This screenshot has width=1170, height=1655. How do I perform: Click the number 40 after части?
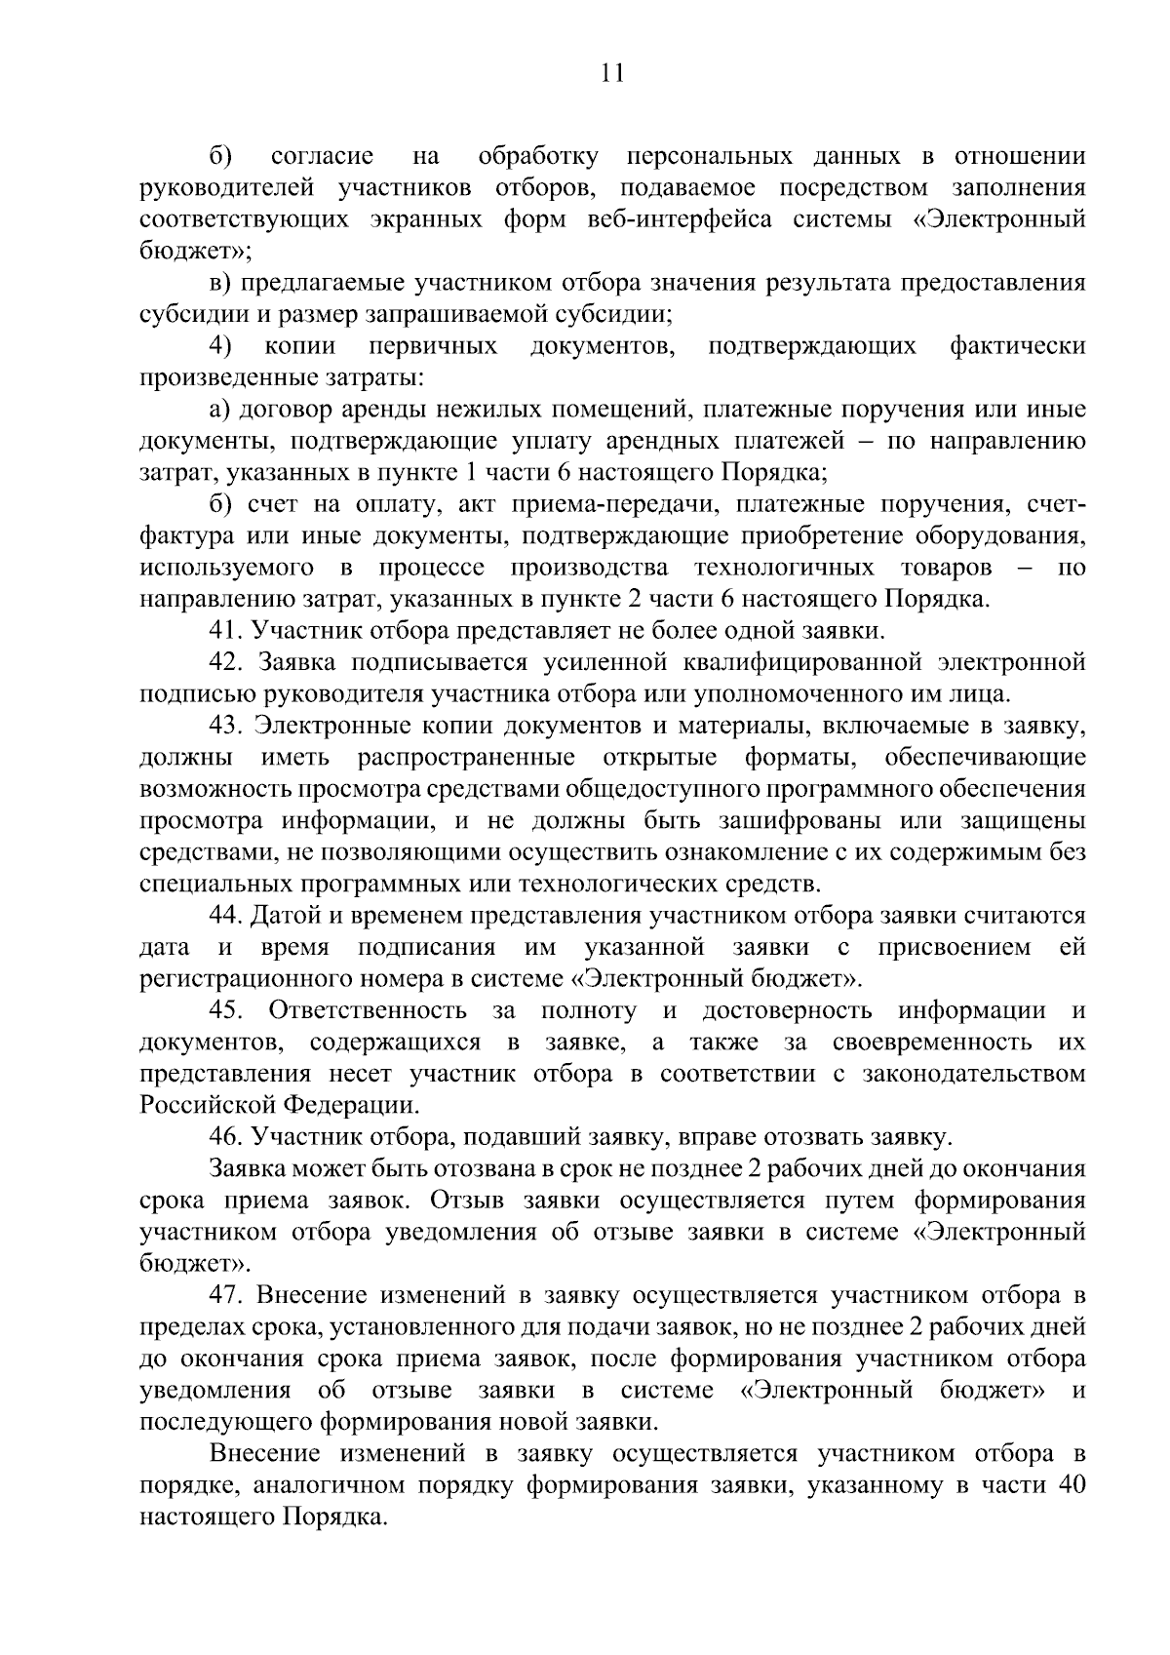[1070, 1485]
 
